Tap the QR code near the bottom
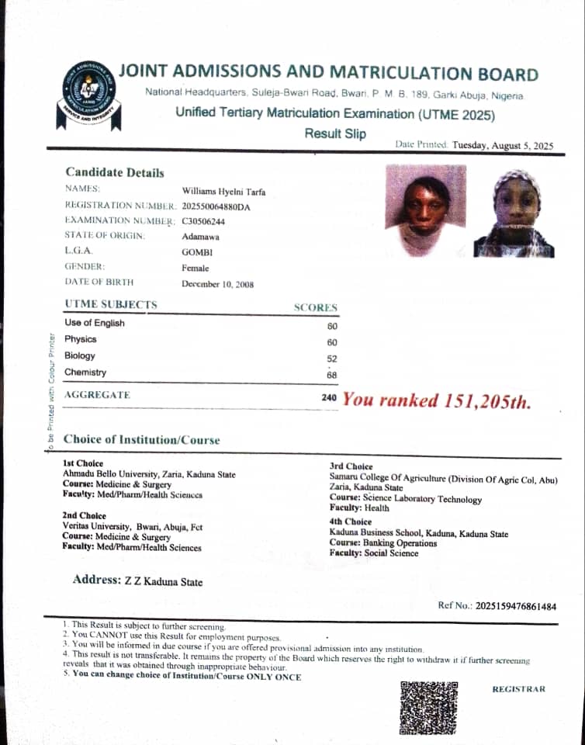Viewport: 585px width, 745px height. tap(429, 707)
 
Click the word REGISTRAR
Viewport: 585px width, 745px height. tap(518, 689)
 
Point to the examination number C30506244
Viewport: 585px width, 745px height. tap(203, 221)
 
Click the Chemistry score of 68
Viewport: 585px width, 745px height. tap(332, 375)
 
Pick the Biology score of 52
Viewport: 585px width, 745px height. tap(332, 359)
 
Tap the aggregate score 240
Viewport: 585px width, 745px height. tap(330, 397)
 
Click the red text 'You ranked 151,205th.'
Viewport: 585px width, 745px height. tap(437, 400)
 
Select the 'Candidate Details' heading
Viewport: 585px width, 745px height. tap(115, 172)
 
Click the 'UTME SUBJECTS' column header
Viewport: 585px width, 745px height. tap(111, 305)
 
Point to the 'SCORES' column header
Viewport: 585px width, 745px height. tap(315, 307)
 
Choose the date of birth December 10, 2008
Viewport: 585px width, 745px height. tap(217, 284)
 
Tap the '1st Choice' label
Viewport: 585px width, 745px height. tap(83, 464)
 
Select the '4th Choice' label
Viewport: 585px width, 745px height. tap(350, 521)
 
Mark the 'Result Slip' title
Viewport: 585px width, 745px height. tap(334, 133)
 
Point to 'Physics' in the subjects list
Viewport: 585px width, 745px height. tap(81, 339)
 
